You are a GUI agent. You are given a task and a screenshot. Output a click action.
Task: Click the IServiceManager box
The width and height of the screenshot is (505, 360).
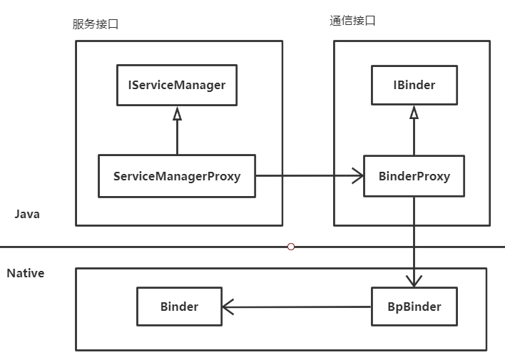(x=177, y=86)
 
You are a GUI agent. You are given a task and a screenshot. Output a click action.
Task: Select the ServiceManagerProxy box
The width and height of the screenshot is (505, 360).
(x=177, y=175)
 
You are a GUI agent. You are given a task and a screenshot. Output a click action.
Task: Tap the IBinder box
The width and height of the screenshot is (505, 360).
(x=414, y=86)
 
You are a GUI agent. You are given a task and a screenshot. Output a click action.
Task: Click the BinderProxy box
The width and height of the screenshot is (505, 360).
(x=414, y=176)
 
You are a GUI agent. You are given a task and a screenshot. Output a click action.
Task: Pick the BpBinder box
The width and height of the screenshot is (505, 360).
(x=414, y=307)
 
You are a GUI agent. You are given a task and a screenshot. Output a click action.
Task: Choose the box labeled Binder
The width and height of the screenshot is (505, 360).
(x=179, y=307)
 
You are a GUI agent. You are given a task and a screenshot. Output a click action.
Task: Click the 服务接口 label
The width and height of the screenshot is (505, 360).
(x=96, y=24)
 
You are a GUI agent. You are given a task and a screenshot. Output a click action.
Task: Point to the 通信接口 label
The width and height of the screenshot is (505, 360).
(x=352, y=21)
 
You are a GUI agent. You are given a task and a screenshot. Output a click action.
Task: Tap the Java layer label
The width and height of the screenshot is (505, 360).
(x=27, y=214)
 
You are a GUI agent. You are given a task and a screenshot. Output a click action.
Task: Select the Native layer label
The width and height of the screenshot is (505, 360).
(x=26, y=273)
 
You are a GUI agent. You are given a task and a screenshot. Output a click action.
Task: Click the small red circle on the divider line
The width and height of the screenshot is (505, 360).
(x=290, y=247)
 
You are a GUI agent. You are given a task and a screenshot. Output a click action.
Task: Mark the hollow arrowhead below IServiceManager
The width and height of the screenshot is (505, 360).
(x=177, y=113)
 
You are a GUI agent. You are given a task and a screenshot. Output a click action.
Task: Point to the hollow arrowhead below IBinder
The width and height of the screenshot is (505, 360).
(x=414, y=113)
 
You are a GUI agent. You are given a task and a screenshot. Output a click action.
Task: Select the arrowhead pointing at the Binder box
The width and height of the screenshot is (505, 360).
(x=228, y=307)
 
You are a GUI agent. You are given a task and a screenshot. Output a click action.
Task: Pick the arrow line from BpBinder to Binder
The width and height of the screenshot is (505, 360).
(x=300, y=307)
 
